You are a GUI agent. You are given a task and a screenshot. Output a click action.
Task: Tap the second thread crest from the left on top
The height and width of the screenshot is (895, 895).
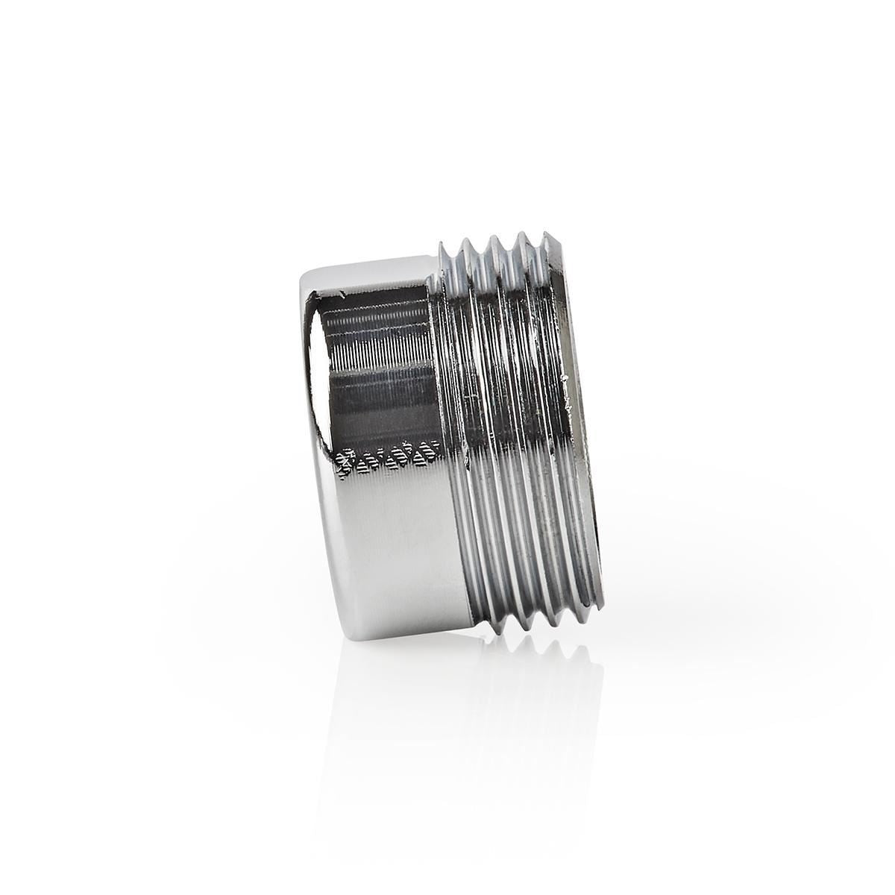click(x=492, y=239)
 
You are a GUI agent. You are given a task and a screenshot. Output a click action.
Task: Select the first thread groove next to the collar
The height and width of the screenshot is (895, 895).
click(x=451, y=447)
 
